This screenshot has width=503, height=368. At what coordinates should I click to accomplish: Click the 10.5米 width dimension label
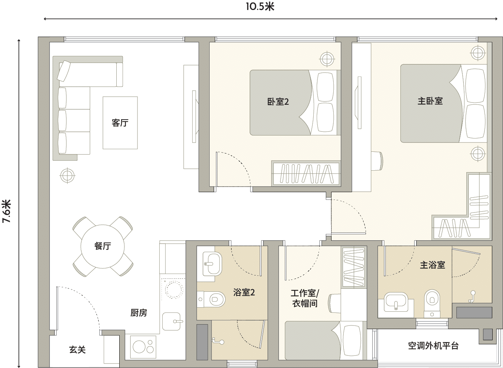pyautogui.click(x=260, y=7)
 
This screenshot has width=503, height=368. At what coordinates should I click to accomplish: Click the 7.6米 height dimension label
pyautogui.click(x=7, y=211)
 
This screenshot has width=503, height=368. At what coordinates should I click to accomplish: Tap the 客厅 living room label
pyautogui.click(x=120, y=123)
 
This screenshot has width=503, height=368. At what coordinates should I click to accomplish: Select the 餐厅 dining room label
pyautogui.click(x=103, y=246)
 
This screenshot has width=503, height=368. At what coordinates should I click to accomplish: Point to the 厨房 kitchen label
pyautogui.click(x=139, y=312)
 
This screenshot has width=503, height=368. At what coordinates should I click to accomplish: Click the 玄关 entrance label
pyautogui.click(x=77, y=350)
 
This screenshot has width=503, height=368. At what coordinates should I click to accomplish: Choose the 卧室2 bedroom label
pyautogui.click(x=278, y=102)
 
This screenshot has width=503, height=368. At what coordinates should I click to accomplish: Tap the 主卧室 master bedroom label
pyautogui.click(x=430, y=101)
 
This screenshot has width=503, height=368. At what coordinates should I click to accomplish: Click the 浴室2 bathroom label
pyautogui.click(x=244, y=292)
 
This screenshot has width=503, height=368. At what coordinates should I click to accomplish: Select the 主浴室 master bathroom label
pyautogui.click(x=433, y=265)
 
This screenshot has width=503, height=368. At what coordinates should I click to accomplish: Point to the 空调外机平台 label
pyautogui.click(x=433, y=346)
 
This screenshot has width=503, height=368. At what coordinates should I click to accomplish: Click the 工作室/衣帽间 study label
pyautogui.click(x=305, y=298)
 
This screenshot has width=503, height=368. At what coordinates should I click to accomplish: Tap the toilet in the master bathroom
pyautogui.click(x=432, y=303)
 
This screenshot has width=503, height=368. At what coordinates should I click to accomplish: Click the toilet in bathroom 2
pyautogui.click(x=211, y=300)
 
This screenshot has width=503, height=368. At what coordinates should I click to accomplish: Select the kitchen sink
pyautogui.click(x=172, y=322)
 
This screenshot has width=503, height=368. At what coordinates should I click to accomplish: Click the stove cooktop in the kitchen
pyautogui.click(x=143, y=347)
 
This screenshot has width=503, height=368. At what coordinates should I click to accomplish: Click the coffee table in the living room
pyautogui.click(x=120, y=123)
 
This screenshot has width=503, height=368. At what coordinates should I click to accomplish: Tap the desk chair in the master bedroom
pyautogui.click(x=377, y=161)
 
